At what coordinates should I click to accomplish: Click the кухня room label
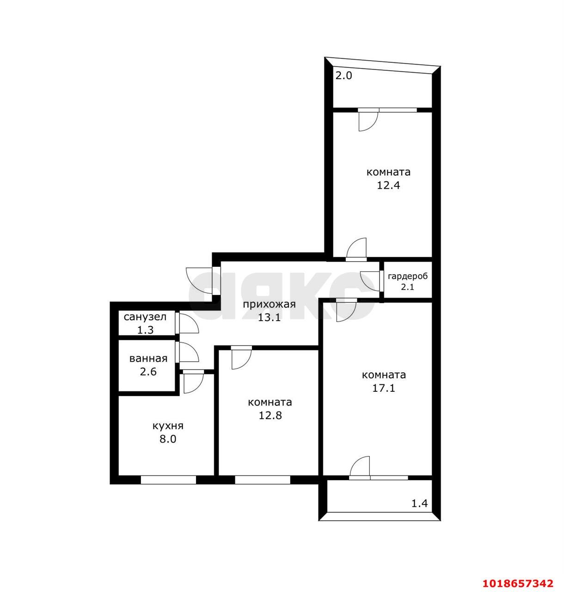(168, 426)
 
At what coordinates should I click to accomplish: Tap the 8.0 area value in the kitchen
(168, 439)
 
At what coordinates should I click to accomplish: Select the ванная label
(148, 358)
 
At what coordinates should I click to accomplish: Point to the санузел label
(145, 317)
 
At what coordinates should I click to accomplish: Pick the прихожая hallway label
(270, 304)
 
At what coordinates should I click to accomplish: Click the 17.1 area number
(384, 388)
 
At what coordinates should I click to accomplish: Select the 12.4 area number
(388, 185)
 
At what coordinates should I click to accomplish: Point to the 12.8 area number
(270, 415)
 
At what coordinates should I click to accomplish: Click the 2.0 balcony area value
(343, 75)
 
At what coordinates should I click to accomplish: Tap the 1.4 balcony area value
(420, 503)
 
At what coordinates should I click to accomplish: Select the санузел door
(187, 323)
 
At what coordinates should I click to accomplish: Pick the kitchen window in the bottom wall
(168, 480)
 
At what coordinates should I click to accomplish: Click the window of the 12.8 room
(263, 480)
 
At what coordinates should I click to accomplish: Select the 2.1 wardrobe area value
(407, 287)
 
